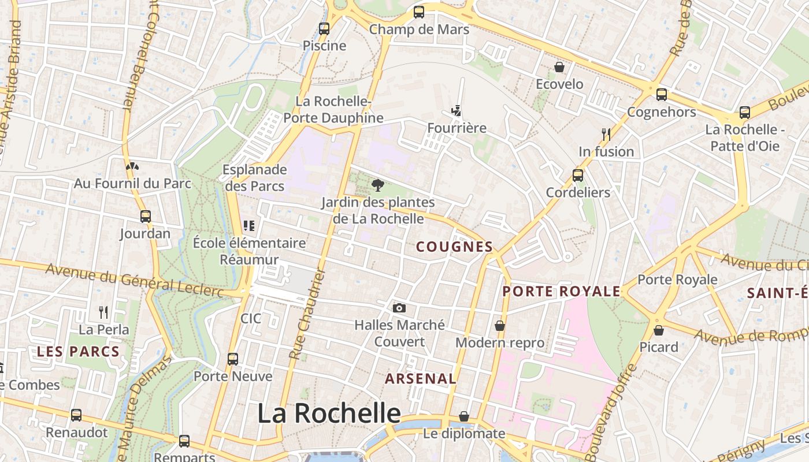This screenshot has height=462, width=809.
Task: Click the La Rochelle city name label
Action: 328,413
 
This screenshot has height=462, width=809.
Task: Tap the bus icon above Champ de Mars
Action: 419,12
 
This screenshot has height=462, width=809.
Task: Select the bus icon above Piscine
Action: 324,28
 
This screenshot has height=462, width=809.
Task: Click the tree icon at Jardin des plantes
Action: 378,185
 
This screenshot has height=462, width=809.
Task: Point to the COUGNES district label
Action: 454,247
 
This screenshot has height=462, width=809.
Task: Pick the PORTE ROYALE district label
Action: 561,292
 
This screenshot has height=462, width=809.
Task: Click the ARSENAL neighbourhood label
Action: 421,379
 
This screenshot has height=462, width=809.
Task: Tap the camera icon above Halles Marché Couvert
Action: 399,308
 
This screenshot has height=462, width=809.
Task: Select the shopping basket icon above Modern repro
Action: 500,326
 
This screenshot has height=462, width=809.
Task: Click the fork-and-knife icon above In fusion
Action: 606,135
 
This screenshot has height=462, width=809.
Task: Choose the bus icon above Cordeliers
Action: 578,176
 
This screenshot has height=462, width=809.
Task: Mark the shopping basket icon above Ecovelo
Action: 559,68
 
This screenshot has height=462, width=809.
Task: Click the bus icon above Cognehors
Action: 662,95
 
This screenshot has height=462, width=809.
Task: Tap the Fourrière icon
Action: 457,110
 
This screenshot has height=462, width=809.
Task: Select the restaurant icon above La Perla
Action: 103,312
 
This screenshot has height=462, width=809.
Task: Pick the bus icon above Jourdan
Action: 146,217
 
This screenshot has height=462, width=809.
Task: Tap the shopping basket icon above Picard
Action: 659,330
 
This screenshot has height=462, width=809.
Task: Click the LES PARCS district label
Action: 78,352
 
